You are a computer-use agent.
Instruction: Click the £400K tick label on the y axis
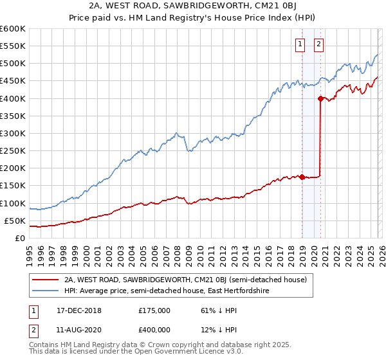[12, 98]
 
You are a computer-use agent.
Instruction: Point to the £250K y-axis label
[12, 151]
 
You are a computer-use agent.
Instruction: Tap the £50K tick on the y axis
[15, 221]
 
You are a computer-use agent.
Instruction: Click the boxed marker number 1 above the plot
[300, 44]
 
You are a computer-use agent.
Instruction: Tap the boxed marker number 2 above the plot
[319, 44]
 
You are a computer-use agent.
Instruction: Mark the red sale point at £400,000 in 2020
[320, 98]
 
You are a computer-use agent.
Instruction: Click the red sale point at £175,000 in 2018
[302, 177]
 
